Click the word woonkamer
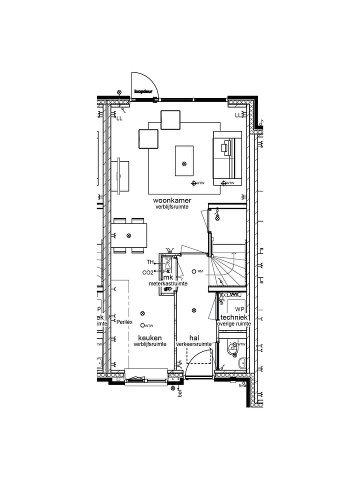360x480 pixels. tap(172, 200)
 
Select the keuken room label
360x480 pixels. tap(149, 338)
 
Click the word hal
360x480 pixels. tap(194, 338)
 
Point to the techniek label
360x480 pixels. tap(234, 317)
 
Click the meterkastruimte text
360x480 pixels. tap(168, 283)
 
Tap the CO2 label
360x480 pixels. tap(147, 272)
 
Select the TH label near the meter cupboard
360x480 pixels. tap(150, 262)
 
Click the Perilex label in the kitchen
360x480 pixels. tap(124, 322)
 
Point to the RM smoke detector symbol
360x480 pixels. tap(194, 271)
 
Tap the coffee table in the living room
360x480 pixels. tap(184, 160)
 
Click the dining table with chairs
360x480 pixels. tap(129, 235)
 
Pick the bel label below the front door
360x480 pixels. tap(179, 393)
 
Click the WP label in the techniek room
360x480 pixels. tap(239, 309)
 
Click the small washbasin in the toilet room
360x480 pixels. tap(242, 363)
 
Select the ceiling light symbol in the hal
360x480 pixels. tap(194, 311)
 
